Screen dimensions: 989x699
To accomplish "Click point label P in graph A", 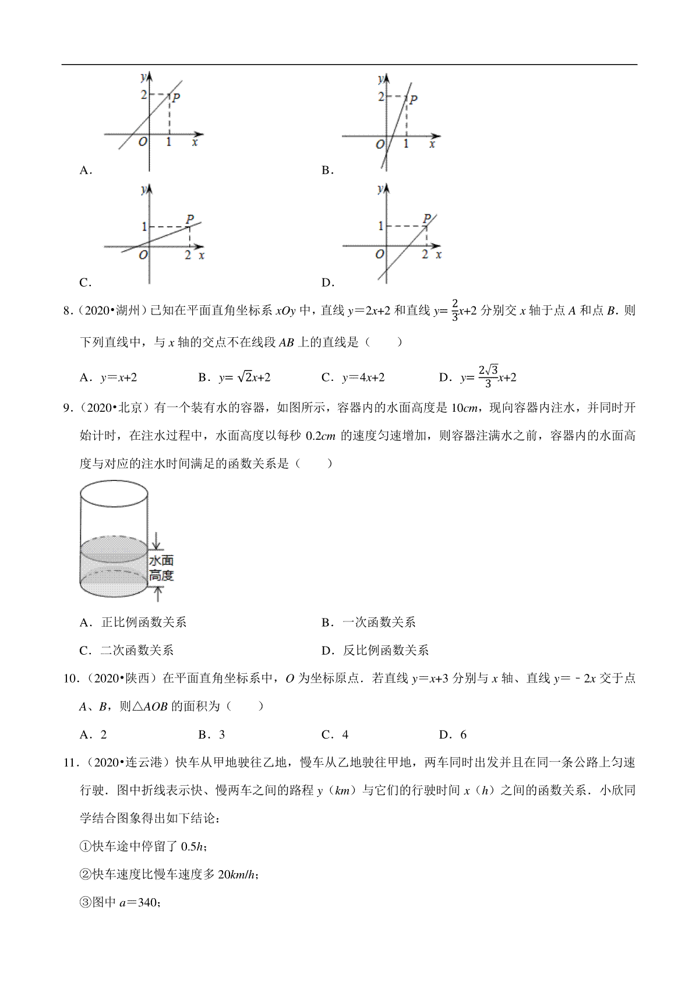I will point(175,97).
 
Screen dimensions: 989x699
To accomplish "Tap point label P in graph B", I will point(413,100).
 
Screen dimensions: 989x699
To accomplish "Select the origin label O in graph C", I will point(143,255).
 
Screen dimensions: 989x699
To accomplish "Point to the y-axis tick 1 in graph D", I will point(381,226).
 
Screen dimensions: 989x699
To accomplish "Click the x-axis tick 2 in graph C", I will point(188,255).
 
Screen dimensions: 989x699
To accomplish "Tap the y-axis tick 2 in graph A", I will point(144,94).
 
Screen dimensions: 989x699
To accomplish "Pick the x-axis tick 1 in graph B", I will point(406,143).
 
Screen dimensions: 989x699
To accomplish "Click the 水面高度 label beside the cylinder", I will point(161,568).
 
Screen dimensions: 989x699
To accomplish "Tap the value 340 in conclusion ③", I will point(148,902).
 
